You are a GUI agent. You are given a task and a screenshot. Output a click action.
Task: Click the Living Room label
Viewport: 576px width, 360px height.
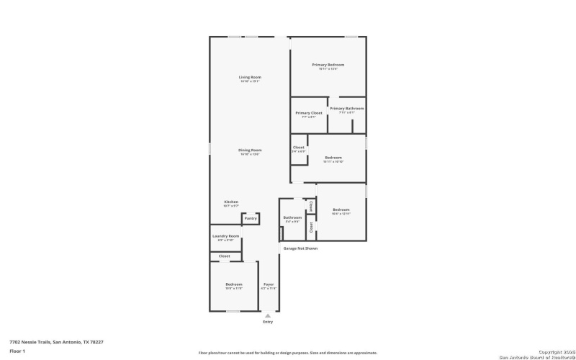coord(250,77)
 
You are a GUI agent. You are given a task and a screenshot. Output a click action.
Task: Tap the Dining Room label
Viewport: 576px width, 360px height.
coord(250,150)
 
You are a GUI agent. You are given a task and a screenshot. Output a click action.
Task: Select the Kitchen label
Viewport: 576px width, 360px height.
coord(230,202)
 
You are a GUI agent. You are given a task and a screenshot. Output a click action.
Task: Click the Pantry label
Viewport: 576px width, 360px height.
coord(250,218)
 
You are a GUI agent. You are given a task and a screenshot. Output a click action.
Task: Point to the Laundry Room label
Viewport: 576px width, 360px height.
coord(225,235)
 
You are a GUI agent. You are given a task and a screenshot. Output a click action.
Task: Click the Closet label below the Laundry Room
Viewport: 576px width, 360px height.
coord(225,256)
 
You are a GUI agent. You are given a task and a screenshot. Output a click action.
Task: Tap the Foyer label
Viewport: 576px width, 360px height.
coord(269,284)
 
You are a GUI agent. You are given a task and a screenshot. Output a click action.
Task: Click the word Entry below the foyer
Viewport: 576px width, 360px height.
coord(268,322)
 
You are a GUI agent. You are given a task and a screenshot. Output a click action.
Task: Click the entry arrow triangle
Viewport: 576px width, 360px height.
coord(268,315)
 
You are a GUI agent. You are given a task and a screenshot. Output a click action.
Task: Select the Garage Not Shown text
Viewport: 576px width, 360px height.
coord(300,248)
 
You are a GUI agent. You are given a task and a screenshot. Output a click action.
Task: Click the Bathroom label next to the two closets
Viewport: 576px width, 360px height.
coord(292,217)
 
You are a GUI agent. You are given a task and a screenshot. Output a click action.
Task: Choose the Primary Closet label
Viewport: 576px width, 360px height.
coord(308,113)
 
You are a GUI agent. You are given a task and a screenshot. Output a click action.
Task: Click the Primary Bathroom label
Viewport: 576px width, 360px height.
coord(347,109)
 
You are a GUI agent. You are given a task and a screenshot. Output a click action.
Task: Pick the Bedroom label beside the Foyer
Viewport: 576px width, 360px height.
coord(233,284)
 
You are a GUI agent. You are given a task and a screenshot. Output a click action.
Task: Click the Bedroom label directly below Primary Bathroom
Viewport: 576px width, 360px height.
coord(333,157)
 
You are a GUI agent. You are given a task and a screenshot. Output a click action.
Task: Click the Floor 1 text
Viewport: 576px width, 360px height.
coord(17,351)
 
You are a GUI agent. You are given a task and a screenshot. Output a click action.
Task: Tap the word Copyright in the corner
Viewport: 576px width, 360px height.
coord(552,351)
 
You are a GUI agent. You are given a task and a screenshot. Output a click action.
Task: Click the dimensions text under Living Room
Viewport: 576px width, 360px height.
coord(250,81)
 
